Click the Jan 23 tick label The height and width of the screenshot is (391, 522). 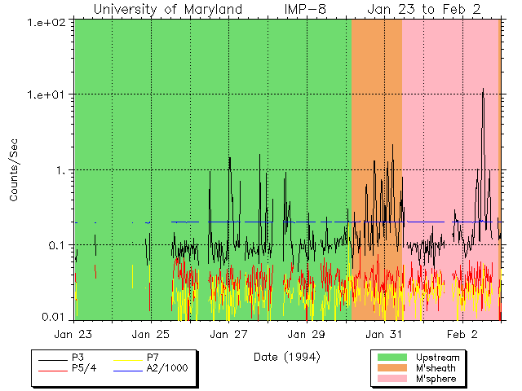[73, 334]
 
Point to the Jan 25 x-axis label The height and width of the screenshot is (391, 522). [151, 334]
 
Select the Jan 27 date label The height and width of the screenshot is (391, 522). [229, 334]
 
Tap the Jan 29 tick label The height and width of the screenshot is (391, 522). [307, 334]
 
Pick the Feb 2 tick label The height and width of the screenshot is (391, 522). [462, 334]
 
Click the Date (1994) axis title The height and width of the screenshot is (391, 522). [287, 357]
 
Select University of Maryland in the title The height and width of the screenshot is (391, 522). [167, 9]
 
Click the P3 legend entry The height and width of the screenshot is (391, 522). [78, 358]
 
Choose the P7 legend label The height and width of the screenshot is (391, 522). [152, 358]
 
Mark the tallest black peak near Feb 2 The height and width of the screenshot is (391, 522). [483, 89]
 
